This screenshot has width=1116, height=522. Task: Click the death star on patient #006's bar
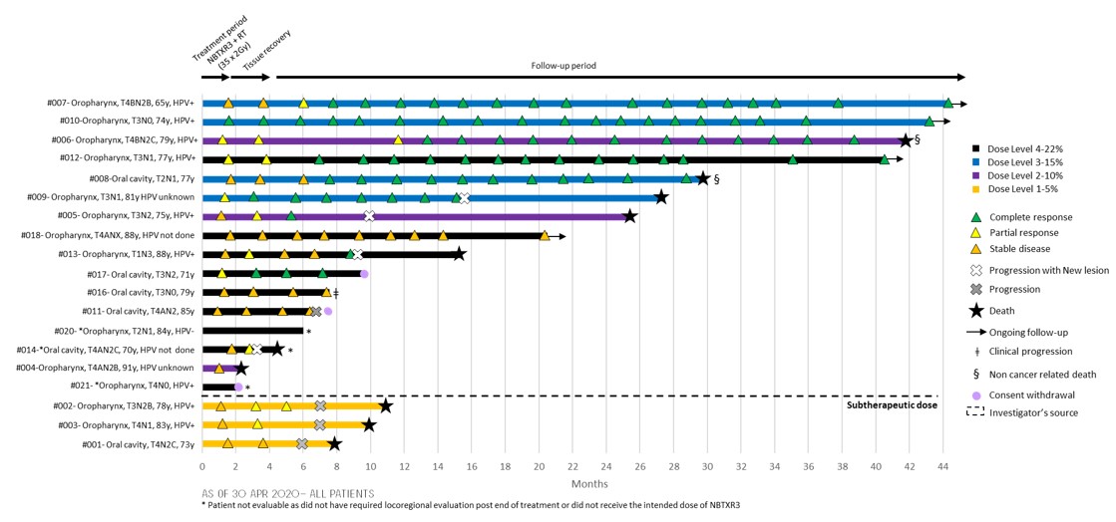[906, 140]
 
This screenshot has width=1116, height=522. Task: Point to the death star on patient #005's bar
[629, 216]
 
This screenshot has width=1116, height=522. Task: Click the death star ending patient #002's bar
[385, 406]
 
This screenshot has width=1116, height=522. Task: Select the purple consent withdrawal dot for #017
[364, 274]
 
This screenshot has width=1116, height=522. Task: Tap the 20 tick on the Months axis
[539, 464]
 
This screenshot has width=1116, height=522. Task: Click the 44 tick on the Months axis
[942, 464]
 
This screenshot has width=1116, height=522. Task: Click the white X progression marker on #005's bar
[370, 216]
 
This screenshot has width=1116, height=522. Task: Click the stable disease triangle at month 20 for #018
[545, 236]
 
